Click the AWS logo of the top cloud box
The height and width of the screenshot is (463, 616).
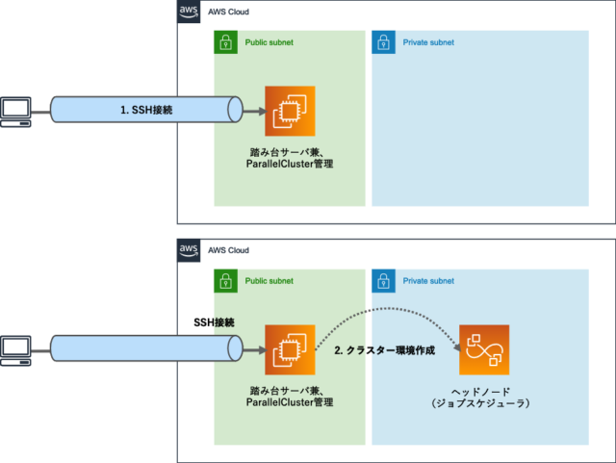coord(189,12)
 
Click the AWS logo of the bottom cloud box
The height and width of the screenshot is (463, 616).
coord(189,250)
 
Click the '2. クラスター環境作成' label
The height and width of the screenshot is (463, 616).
coord(384,351)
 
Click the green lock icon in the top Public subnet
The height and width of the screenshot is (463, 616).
coord(224,42)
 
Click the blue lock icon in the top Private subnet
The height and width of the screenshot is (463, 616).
coord(383,42)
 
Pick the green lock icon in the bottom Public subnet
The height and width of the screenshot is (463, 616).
coord(224,281)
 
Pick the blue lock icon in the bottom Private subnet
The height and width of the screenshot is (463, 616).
coord(383,281)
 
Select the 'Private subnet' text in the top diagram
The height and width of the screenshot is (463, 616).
coord(428,42)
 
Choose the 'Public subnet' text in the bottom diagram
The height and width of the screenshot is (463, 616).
coord(269,281)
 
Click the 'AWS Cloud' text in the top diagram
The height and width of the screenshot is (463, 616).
coord(229,12)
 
